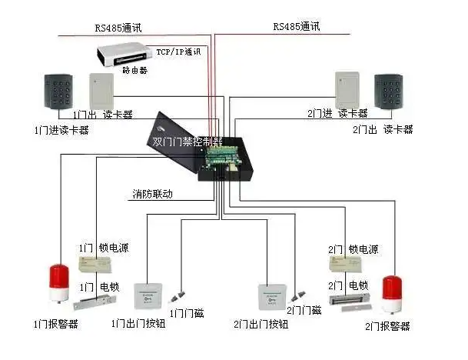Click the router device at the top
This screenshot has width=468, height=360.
pos(122,55)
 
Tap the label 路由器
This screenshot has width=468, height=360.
pos(134,70)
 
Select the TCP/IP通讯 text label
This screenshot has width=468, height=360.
pos(178,52)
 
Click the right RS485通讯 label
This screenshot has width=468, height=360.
pos(296,26)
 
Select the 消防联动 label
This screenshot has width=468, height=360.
pos(151,195)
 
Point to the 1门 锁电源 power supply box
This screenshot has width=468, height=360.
pos(98,263)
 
